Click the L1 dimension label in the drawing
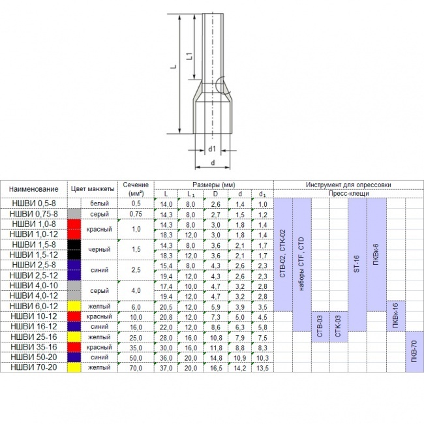[x=190, y=56]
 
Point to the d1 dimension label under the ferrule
[x=212, y=149]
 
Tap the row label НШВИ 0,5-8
[x=34, y=203]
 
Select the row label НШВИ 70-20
[x=34, y=367]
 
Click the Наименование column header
[x=33, y=189]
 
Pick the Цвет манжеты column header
[x=93, y=189]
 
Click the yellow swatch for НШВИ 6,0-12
[x=74, y=306]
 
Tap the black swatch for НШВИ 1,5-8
[x=74, y=245]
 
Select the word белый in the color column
[x=99, y=204]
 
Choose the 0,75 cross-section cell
[x=136, y=214]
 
